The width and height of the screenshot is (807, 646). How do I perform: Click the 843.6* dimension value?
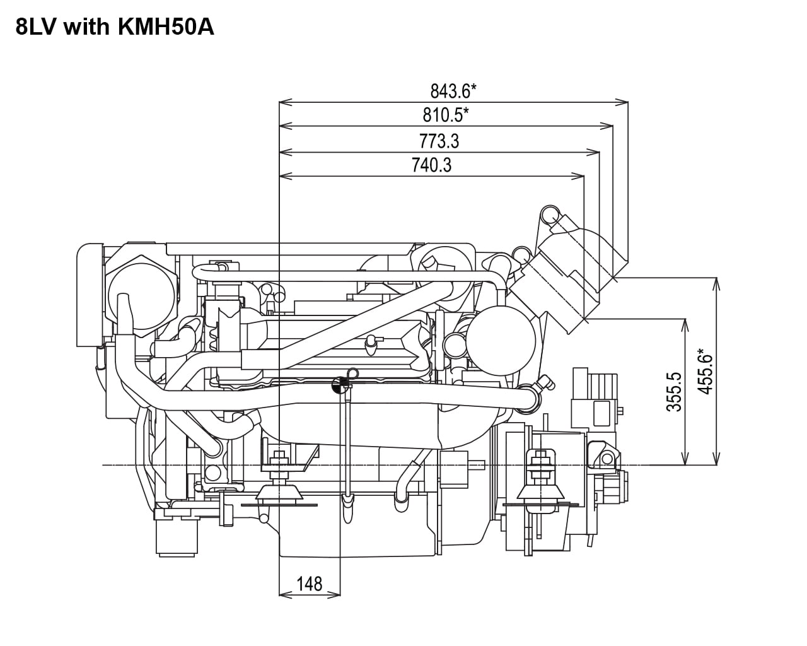click(x=453, y=91)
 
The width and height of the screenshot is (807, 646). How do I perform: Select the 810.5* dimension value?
click(x=445, y=115)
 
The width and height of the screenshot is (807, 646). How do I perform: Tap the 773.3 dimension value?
click(x=439, y=141)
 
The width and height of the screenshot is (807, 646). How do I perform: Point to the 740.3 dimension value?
click(x=432, y=165)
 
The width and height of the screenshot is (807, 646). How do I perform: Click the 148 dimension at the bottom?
click(x=310, y=584)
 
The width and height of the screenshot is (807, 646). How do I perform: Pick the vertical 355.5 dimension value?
click(x=674, y=391)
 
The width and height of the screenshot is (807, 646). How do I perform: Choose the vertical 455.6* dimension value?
click(x=705, y=372)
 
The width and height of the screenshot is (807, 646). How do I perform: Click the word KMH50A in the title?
click(x=166, y=27)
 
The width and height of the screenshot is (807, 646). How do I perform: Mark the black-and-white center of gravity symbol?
click(x=340, y=385)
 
